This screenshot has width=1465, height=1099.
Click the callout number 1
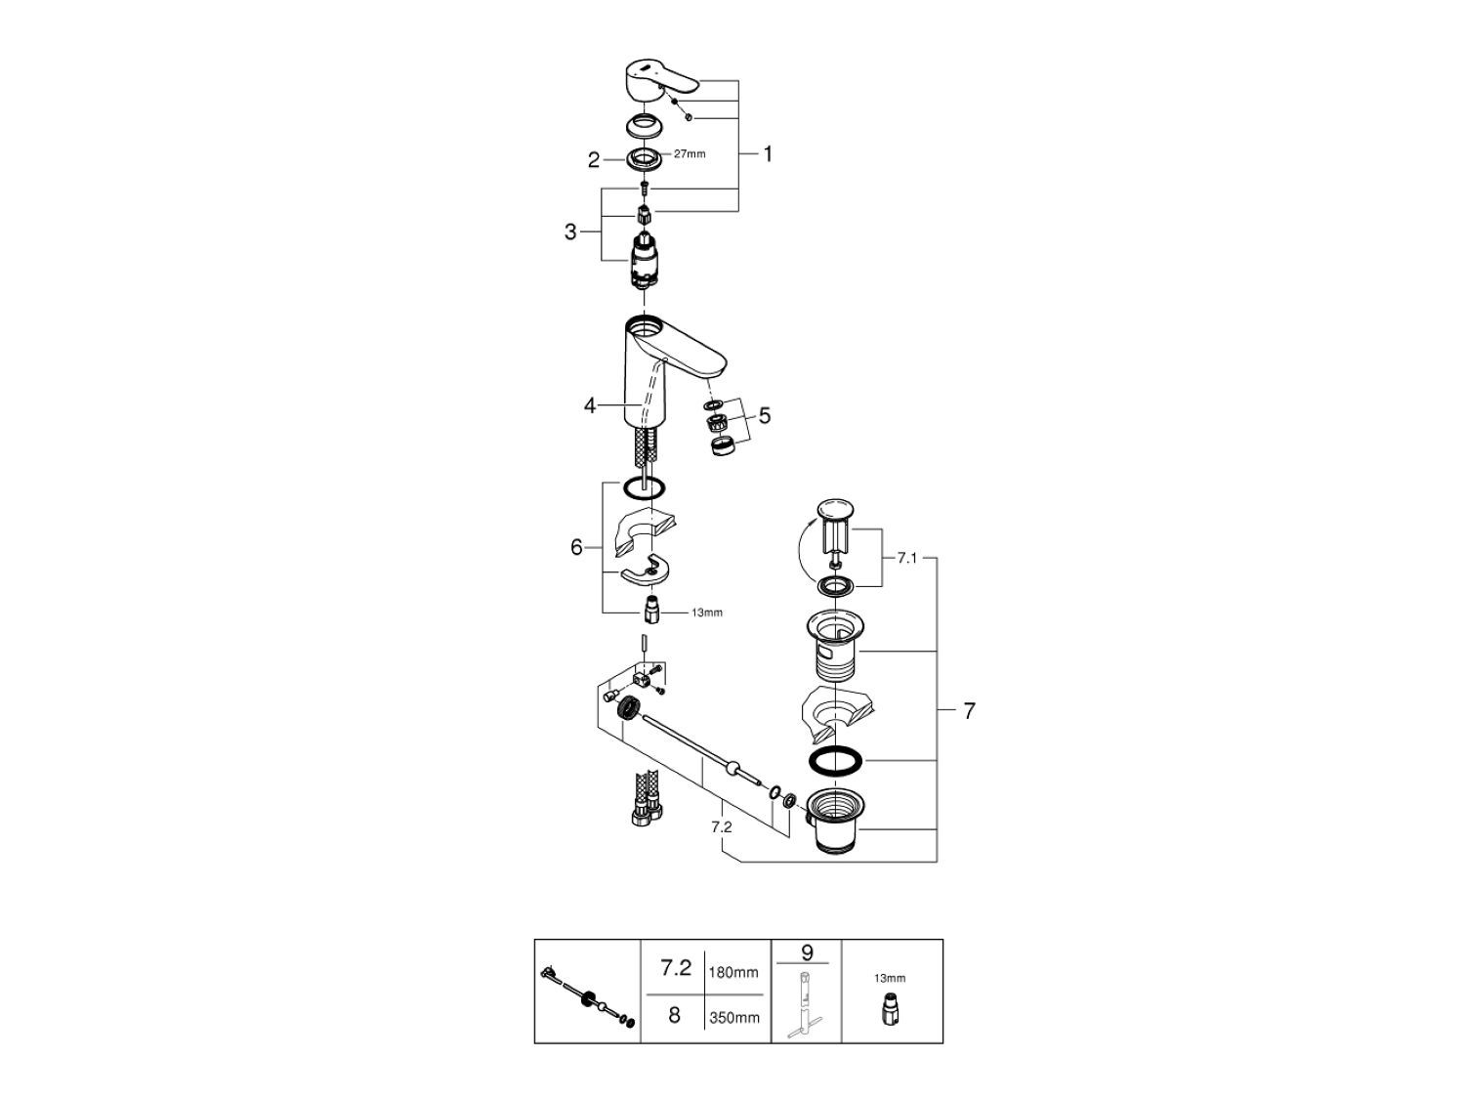pyautogui.click(x=768, y=153)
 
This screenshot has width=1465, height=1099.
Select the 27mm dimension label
pyautogui.click(x=690, y=154)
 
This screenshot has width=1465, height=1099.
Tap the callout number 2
pyautogui.click(x=593, y=160)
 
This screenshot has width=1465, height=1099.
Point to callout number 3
pyautogui.click(x=570, y=232)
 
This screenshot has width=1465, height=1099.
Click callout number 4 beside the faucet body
pyautogui.click(x=590, y=404)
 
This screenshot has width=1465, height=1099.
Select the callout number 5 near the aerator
pyautogui.click(x=765, y=415)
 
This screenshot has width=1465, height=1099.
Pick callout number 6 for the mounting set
pyautogui.click(x=576, y=548)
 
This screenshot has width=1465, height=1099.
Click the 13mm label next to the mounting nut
pyautogui.click(x=707, y=613)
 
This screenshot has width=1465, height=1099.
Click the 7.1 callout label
pyautogui.click(x=908, y=558)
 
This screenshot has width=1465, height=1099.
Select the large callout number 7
pyautogui.click(x=969, y=711)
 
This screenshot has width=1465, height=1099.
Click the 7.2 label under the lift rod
pyautogui.click(x=722, y=826)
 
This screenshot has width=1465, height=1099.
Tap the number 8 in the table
pyautogui.click(x=674, y=1016)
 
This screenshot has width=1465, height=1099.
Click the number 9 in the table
pyautogui.click(x=806, y=951)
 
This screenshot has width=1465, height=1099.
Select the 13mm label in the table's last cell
pyautogui.click(x=891, y=978)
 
